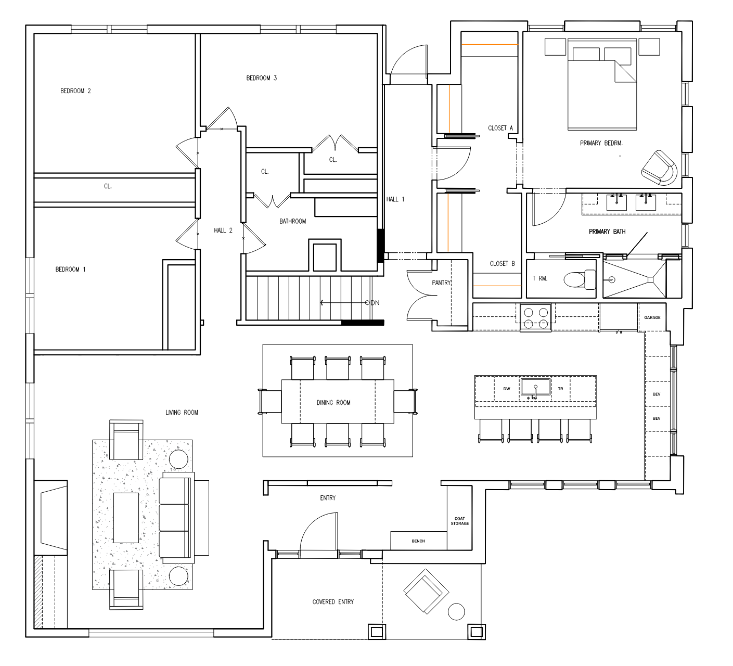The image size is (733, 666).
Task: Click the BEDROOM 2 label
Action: click(x=75, y=91)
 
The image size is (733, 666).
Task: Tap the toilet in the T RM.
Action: click(x=580, y=279)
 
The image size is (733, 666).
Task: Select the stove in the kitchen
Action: click(x=536, y=317)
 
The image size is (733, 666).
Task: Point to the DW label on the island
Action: click(x=507, y=389)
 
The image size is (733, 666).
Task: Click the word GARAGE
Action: click(x=652, y=317)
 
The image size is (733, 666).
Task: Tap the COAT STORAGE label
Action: click(x=460, y=521)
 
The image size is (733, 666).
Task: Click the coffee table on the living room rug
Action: click(x=126, y=518)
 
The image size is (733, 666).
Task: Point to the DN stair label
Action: click(x=375, y=303)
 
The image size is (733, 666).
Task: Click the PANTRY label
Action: click(x=441, y=283)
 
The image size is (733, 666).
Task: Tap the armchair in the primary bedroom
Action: click(x=659, y=168)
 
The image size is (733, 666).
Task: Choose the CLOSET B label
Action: click(x=503, y=264)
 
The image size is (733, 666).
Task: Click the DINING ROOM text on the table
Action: click(x=333, y=402)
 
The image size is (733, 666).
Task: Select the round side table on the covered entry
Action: click(x=456, y=611)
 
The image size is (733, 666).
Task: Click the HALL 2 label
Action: click(x=223, y=230)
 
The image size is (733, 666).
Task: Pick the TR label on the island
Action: click(x=560, y=389)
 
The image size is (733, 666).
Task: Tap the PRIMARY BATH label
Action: click(x=607, y=232)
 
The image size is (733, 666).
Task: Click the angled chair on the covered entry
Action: click(x=426, y=591)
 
